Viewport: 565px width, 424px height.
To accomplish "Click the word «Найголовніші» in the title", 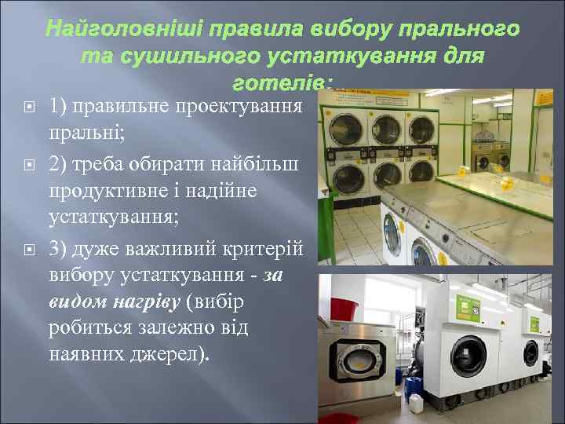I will point(126,31).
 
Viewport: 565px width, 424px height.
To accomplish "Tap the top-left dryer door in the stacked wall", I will point(343,126).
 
